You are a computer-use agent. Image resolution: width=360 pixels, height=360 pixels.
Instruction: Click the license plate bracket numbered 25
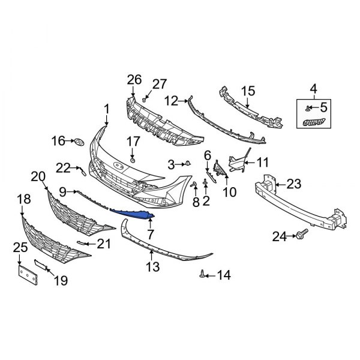pyautogui.click(x=27, y=275)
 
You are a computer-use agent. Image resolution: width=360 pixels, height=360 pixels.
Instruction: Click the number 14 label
pyautogui.click(x=224, y=275)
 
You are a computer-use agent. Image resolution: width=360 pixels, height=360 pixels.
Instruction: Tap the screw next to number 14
pyautogui.click(x=204, y=274)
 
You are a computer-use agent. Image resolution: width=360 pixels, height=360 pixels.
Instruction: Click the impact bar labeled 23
pyautogui.click(x=300, y=201)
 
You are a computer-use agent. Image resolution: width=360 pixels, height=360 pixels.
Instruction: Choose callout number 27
pyautogui.click(x=160, y=83)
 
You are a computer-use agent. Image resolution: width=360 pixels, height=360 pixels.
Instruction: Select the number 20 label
pyautogui.click(x=38, y=176)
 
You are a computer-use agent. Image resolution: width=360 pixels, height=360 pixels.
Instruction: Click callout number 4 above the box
pyautogui.click(x=313, y=91)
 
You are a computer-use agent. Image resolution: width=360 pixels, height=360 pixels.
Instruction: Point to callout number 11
pyautogui.click(x=263, y=162)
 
